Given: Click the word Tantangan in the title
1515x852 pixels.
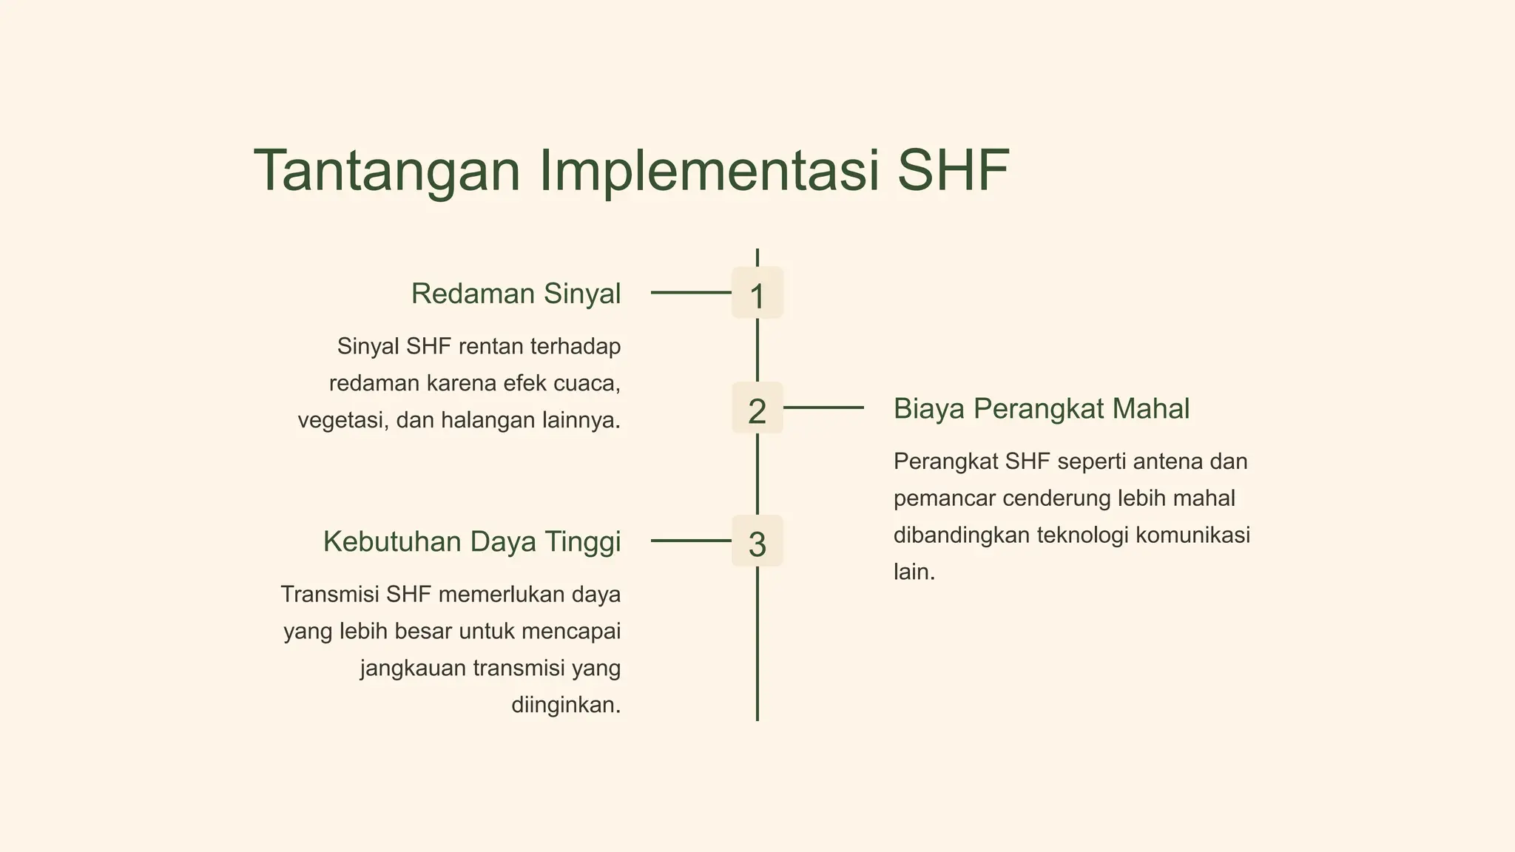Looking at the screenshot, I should tap(387, 171).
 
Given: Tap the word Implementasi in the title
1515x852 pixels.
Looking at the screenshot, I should tap(710, 171).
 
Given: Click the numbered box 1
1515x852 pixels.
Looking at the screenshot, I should tap(757, 294).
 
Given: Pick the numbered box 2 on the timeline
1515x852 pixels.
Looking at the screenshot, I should tap(757, 408).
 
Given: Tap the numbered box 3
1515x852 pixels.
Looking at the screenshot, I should tap(757, 541).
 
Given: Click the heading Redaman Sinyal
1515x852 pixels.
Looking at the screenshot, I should tap(516, 294).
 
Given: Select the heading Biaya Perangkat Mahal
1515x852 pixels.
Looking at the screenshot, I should tap(1041, 408).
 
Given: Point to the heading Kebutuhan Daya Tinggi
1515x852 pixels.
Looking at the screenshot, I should tap(472, 541).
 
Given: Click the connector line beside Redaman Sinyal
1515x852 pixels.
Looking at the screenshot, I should tap(690, 293).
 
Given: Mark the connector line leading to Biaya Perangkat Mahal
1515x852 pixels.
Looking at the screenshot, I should tap(823, 408).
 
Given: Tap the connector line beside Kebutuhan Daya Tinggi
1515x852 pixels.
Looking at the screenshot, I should tap(690, 541).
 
